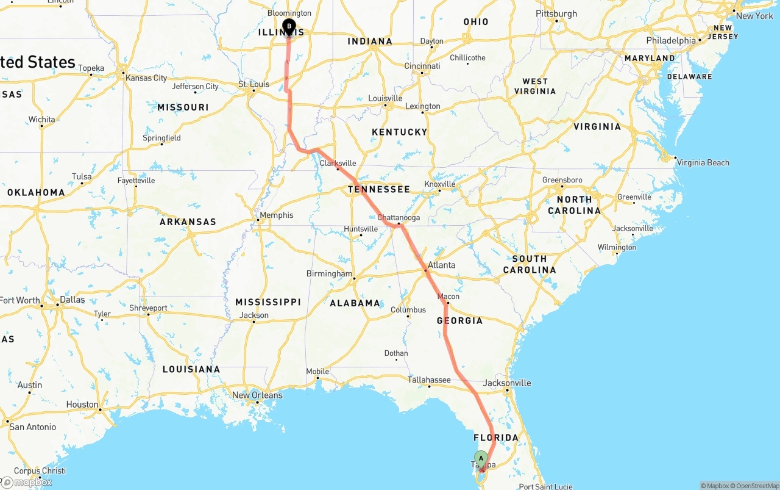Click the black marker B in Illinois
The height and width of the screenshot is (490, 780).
[x=289, y=27]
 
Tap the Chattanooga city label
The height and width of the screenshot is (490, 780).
[x=399, y=218]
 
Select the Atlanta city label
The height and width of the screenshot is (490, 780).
[x=441, y=265]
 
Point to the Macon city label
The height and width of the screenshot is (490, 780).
[x=448, y=297]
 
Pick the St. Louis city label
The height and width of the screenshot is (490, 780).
[x=253, y=84]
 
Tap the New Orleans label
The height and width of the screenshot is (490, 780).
[x=257, y=395]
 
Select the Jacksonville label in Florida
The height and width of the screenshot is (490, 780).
[x=507, y=383]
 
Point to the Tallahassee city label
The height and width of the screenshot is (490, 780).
[x=429, y=380]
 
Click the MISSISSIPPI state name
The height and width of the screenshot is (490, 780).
[x=268, y=302]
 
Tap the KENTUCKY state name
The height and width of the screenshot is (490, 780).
[x=399, y=132]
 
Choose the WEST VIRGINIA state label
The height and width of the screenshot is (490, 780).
[x=535, y=86]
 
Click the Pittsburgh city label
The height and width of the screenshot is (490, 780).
[x=556, y=13]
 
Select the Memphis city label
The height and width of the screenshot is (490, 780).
[x=276, y=215]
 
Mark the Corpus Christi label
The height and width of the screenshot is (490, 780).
[x=40, y=471]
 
